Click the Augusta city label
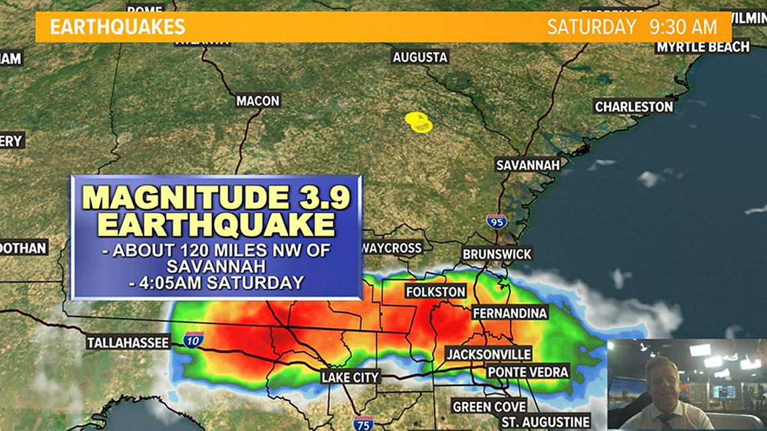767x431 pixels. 420,57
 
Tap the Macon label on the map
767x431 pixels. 257,101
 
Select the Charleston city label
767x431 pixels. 633,106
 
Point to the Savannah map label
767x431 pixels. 527,165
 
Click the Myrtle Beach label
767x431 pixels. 702,46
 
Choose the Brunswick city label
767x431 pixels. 497,254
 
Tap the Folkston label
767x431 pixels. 435,292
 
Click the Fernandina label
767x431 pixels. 509,313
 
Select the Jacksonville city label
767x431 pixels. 489,354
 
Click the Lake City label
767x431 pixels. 350,377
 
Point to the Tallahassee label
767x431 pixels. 128,343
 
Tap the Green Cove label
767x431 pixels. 489,407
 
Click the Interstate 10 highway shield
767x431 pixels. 193,340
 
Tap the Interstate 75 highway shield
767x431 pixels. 363,423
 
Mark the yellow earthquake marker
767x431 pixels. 418,121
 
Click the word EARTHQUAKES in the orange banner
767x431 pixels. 118,27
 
